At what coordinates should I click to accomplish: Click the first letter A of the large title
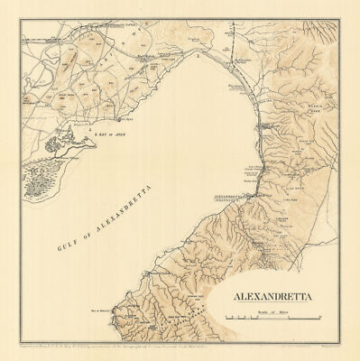tap(222, 293)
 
